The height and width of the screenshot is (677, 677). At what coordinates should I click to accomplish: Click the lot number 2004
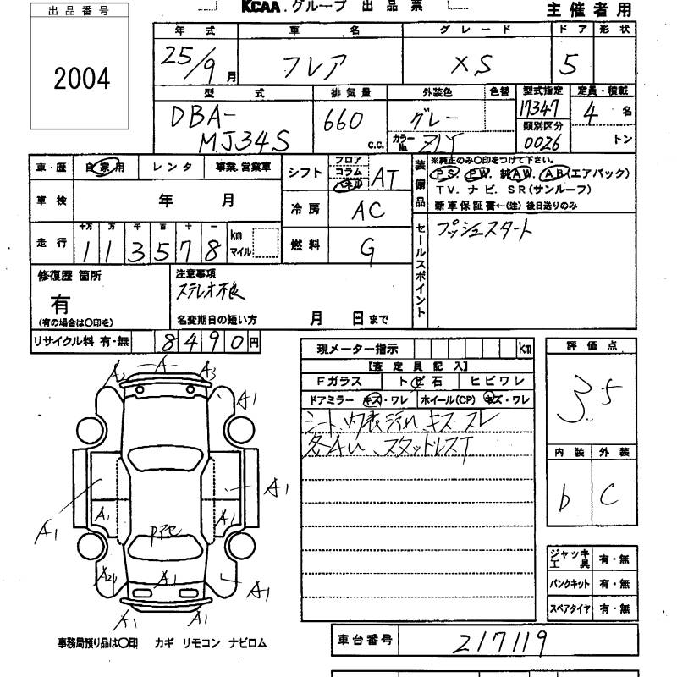pyautogui.click(x=83, y=80)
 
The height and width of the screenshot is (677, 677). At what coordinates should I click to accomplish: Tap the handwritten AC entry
pyautogui.click(x=366, y=210)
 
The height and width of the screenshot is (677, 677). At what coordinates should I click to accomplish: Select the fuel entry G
pyautogui.click(x=366, y=245)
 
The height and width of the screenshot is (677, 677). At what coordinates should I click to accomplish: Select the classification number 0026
pyautogui.click(x=542, y=141)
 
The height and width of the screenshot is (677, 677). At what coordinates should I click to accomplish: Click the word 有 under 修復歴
pyautogui.click(x=61, y=303)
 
